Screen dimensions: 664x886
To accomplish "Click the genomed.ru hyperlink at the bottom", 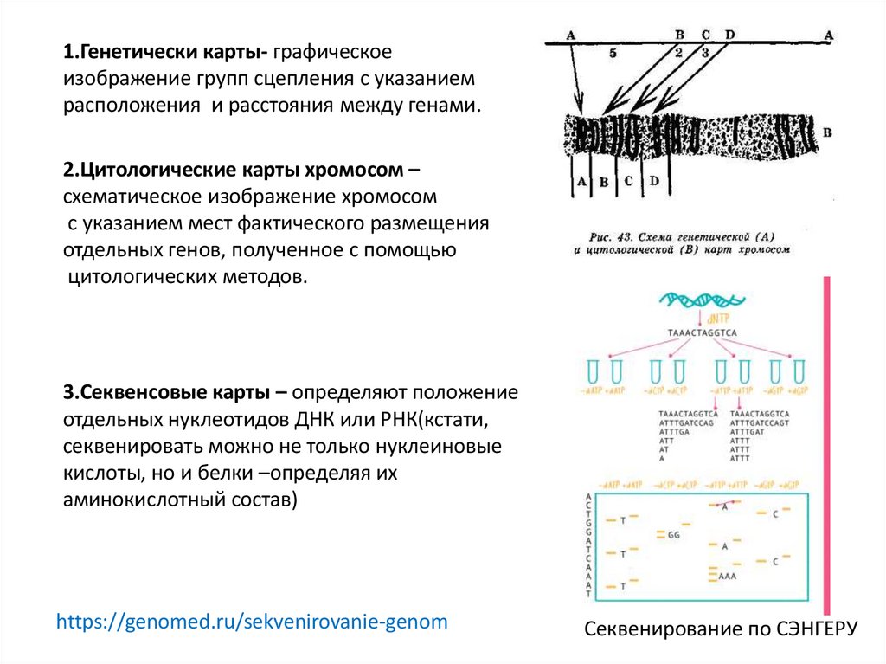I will (252, 622).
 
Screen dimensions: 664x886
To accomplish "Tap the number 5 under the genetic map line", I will (613, 53).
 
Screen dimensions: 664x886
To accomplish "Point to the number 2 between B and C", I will (678, 52).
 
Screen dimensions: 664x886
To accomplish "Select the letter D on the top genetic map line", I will (730, 35).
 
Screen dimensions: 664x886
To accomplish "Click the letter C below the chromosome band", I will (629, 181).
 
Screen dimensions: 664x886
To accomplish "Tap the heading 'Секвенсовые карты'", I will (169, 391).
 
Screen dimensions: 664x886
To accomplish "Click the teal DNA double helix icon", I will (702, 301).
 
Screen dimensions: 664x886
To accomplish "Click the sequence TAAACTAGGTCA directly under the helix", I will (703, 332).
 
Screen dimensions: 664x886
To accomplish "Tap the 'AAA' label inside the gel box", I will (727, 575).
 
